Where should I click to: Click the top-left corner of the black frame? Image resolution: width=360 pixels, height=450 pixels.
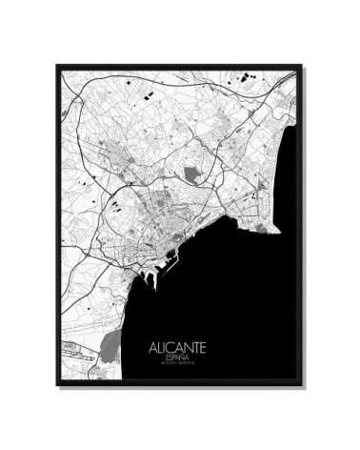57,65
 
